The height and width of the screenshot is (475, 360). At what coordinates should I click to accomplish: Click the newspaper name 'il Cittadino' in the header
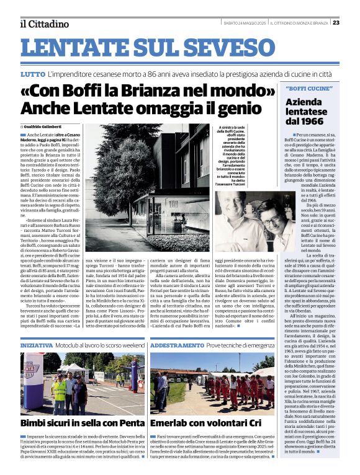pos(44,24)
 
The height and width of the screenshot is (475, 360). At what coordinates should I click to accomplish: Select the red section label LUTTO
pos(32,74)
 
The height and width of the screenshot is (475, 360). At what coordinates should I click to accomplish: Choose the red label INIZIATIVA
pos(37,344)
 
